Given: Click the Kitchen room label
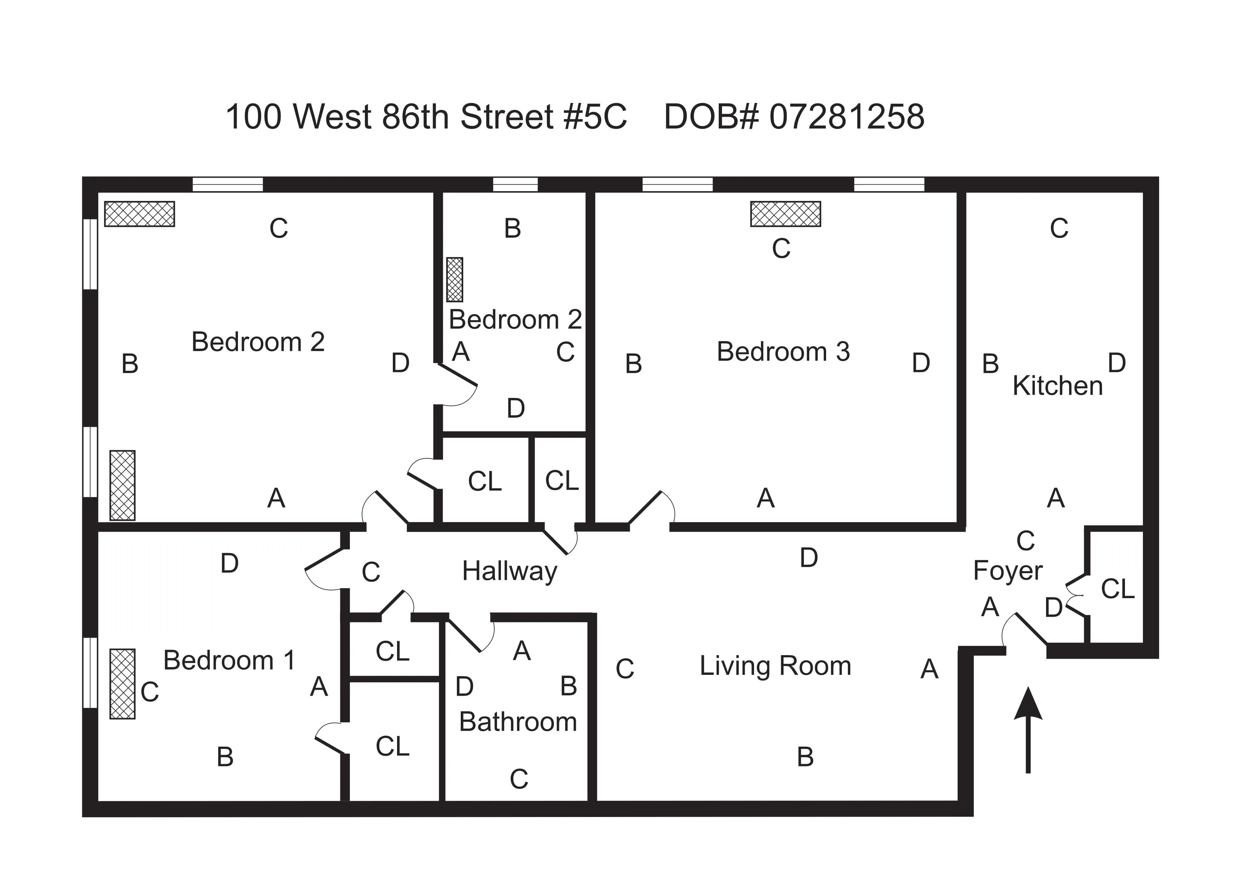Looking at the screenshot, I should click(x=1057, y=386).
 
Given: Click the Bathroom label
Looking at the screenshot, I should click(x=518, y=722).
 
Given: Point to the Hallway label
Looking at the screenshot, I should click(x=509, y=571).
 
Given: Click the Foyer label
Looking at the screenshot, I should click(x=1007, y=570).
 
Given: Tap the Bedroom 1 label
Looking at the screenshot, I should click(x=229, y=660).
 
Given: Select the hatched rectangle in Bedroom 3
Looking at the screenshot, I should click(x=786, y=214).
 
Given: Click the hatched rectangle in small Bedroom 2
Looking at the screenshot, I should click(x=454, y=279).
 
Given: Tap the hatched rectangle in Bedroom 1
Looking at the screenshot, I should click(x=122, y=684).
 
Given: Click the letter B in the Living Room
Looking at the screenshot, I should click(x=805, y=757).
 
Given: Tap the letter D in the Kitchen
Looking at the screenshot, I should click(x=1117, y=363).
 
